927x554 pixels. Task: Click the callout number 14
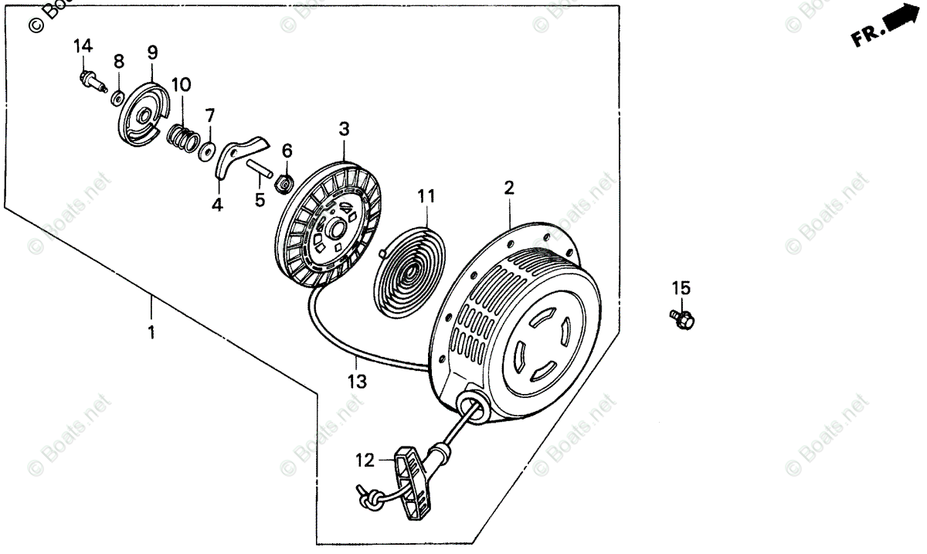83,46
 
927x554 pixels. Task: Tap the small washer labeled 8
119,97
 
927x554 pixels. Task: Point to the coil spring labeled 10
182,138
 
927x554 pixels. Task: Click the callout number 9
152,53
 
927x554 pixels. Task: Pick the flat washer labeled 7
208,149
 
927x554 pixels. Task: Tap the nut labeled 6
284,183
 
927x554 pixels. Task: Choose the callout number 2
509,188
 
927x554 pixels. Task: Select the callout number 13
357,381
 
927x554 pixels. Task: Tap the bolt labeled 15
681,318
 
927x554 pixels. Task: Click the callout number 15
681,288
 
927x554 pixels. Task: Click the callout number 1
151,332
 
